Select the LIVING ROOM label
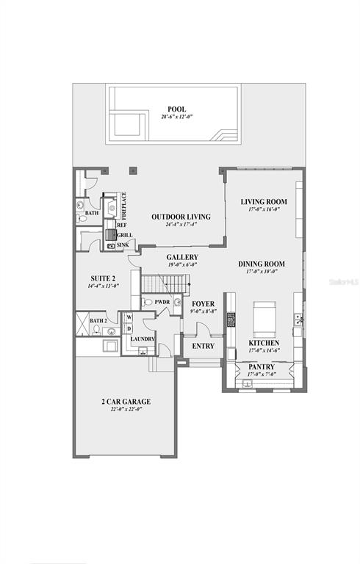(263, 201)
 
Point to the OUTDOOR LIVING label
(181, 217)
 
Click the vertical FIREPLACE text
(124, 206)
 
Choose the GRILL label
(125, 235)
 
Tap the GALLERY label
(181, 257)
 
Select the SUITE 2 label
(103, 278)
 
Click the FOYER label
(203, 303)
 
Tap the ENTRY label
(203, 346)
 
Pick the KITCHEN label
(262, 343)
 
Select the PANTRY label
(262, 366)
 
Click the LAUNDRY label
(143, 338)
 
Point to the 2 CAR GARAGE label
(126, 401)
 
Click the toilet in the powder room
(147, 301)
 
